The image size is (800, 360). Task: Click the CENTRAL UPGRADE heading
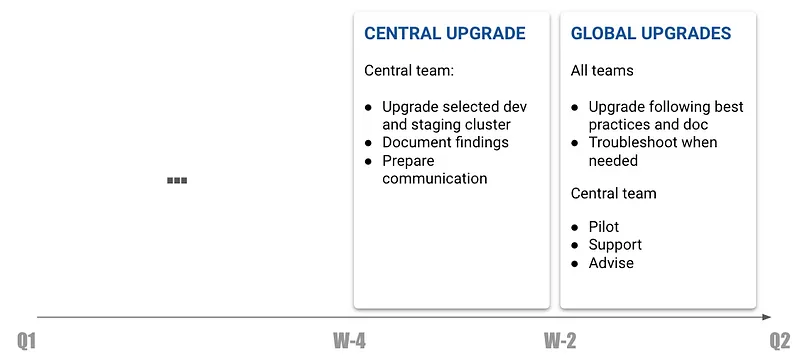point(444,34)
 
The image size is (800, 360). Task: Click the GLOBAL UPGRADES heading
point(651,34)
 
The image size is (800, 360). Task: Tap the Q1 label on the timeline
point(27,341)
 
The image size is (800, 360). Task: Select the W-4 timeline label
point(349,341)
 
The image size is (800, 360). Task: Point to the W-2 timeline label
point(560,341)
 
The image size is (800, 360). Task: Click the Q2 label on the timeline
point(780,341)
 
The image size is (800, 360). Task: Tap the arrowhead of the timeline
point(766,317)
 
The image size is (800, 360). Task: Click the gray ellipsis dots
point(177,180)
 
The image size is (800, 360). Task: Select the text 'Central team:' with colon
point(409,70)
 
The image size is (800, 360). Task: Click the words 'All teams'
point(602,70)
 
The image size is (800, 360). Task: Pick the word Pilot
point(604,227)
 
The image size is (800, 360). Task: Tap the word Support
point(615,245)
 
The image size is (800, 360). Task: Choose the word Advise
point(611,263)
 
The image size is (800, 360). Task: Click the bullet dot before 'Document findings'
point(368,143)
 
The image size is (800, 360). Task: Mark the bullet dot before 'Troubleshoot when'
point(575,143)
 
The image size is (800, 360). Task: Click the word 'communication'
point(435,179)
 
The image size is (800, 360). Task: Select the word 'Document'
point(414,142)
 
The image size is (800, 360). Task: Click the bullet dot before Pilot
point(575,228)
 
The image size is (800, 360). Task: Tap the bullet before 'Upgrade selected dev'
point(368,108)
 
